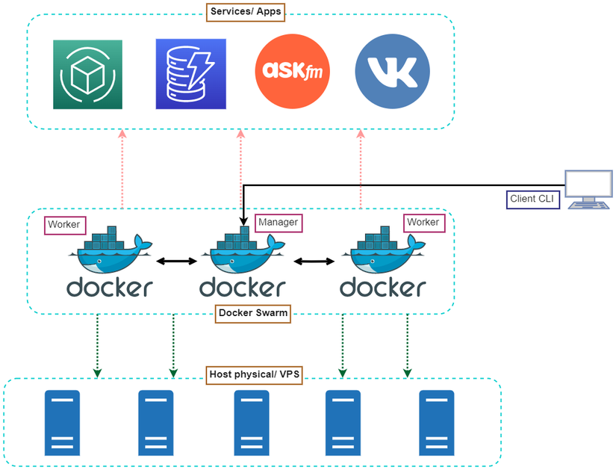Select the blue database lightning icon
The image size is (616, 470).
[x=190, y=74]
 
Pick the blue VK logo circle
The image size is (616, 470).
[x=393, y=72]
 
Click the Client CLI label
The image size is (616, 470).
[x=532, y=199]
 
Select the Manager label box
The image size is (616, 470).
[x=278, y=222]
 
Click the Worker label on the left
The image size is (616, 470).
[x=63, y=224]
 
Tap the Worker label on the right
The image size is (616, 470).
[x=423, y=222]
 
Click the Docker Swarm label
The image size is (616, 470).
[x=253, y=314]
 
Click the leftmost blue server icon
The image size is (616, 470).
[x=62, y=423]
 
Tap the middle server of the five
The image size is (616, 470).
[x=252, y=423]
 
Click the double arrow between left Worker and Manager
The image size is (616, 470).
[x=176, y=262]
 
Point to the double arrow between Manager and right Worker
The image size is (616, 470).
[x=314, y=262]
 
